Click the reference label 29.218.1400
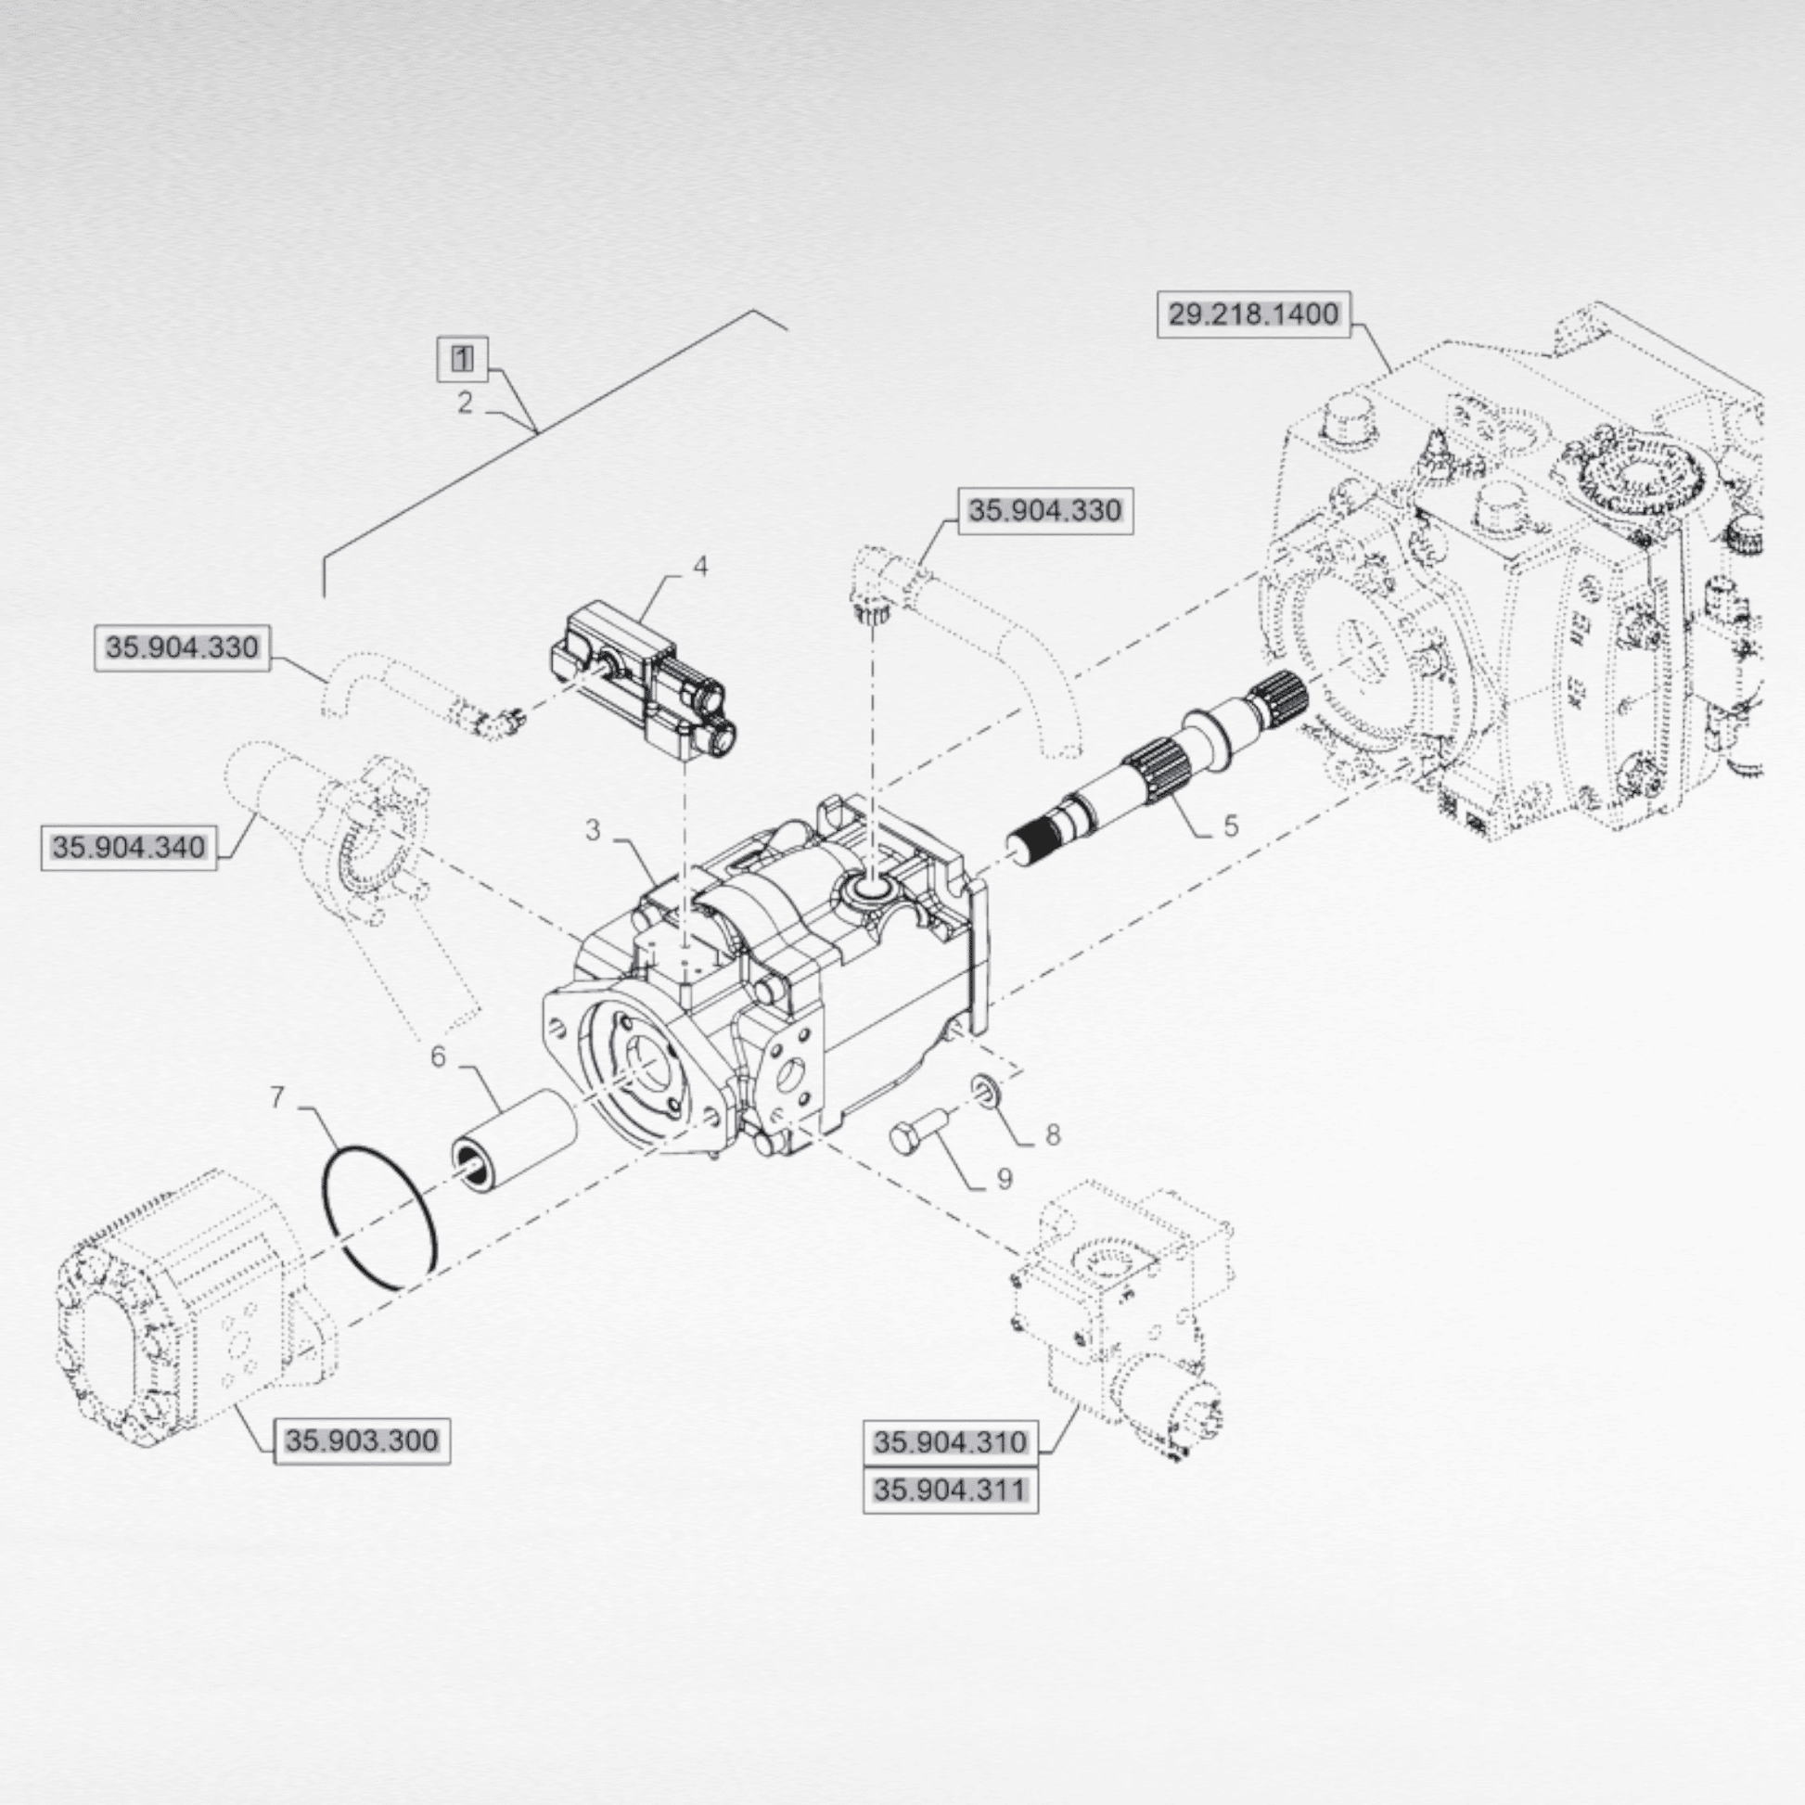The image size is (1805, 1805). point(1254,314)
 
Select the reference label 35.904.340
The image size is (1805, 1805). point(129,848)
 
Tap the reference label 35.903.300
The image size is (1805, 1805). point(362,1440)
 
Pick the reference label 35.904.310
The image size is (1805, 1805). point(950,1441)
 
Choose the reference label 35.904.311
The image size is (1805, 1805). point(950,1490)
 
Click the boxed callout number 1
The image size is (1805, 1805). point(464,359)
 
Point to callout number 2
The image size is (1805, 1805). point(465,403)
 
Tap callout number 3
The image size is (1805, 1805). point(594,829)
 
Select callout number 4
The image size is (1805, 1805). point(699,567)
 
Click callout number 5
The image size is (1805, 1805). point(1231,825)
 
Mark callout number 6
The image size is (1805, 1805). point(438,1057)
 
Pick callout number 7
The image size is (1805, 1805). point(276,1097)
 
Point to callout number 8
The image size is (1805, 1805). point(1053,1135)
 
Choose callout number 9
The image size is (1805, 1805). point(1005,1179)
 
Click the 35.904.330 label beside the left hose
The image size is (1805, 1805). point(182,647)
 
